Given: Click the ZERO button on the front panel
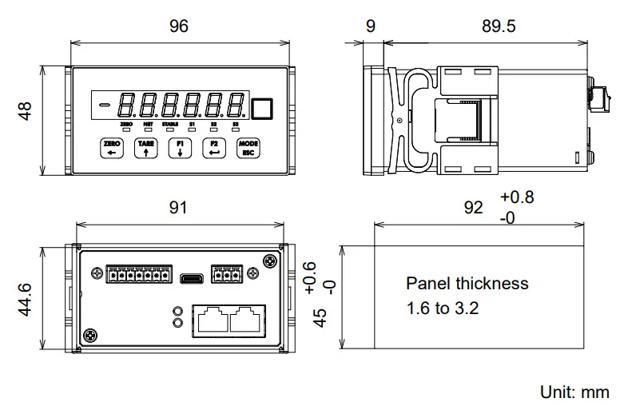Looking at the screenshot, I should pyautogui.click(x=112, y=148).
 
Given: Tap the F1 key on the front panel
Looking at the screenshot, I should pyautogui.click(x=180, y=148).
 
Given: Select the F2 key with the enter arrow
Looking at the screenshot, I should pyautogui.click(x=213, y=148).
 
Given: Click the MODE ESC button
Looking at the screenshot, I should pyautogui.click(x=247, y=148).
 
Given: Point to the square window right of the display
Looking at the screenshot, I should pyautogui.click(x=262, y=108).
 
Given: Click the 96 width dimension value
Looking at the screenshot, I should pyautogui.click(x=179, y=26).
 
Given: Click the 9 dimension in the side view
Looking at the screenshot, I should pyautogui.click(x=370, y=26).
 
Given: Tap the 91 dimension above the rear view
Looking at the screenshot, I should pyautogui.click(x=179, y=208).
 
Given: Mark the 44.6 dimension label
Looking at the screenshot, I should pyautogui.click(x=26, y=298).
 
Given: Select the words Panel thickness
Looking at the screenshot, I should pyautogui.click(x=467, y=283).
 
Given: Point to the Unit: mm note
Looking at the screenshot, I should pyautogui.click(x=574, y=392).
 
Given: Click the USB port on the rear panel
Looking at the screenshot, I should pyautogui.click(x=192, y=278).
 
